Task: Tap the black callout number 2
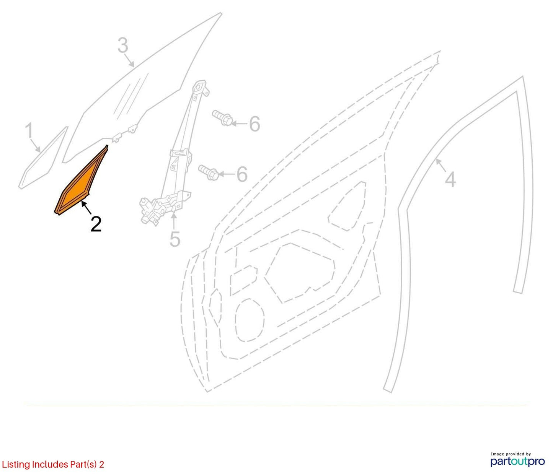[96, 224]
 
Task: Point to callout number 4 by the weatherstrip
[450, 179]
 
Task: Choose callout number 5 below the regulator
[175, 239]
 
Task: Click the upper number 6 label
[254, 124]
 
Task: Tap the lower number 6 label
[242, 174]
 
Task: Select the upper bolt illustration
[222, 118]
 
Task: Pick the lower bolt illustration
[209, 172]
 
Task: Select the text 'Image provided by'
[511, 454]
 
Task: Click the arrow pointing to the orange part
[87, 207]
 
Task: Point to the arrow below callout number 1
[35, 145]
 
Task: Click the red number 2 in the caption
[101, 464]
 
